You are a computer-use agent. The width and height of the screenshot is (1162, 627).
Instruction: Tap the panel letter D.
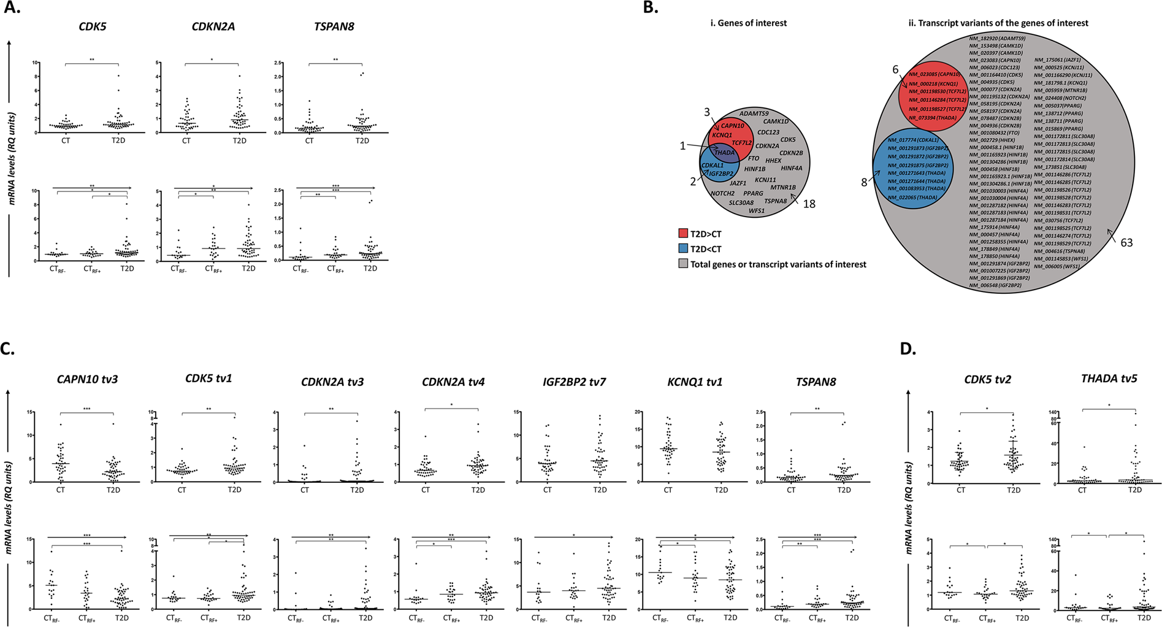coord(908,349)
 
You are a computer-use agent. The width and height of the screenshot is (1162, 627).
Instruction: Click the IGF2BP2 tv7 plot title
coord(573,382)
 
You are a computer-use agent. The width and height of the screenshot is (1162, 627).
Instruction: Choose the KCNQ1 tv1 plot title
coord(694,382)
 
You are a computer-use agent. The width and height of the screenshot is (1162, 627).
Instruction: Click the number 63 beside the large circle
coord(1126,243)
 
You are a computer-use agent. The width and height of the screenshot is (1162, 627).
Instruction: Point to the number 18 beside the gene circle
coord(809,204)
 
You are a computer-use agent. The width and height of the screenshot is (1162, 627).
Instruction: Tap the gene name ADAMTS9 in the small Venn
coord(754,113)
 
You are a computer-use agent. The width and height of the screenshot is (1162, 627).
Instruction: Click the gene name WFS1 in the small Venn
coord(757,211)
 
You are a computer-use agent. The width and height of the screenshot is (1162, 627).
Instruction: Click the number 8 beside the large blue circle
coord(864,182)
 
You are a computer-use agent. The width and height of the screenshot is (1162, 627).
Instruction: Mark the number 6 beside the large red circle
coord(895,71)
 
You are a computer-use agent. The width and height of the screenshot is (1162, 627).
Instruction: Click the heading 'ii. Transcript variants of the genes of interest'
coord(998,23)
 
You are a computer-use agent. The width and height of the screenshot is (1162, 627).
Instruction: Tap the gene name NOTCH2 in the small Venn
coord(722,193)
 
